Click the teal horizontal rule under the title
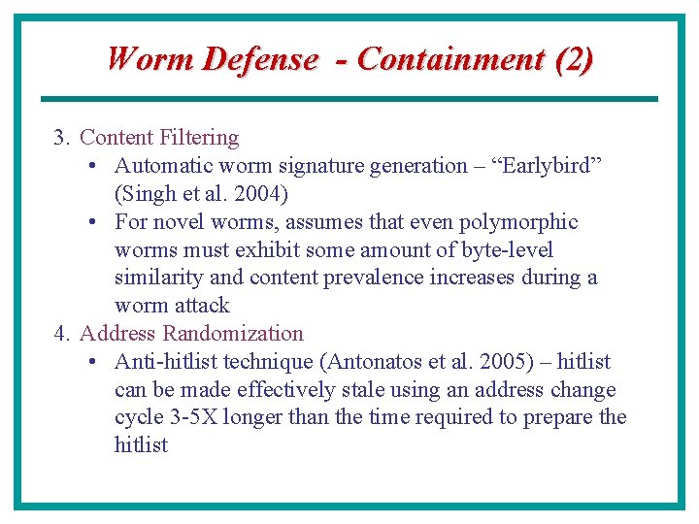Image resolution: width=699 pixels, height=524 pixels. pos(349,98)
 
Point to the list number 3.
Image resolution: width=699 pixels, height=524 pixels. pos(61,138)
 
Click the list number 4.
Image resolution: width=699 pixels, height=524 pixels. pos(61,334)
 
